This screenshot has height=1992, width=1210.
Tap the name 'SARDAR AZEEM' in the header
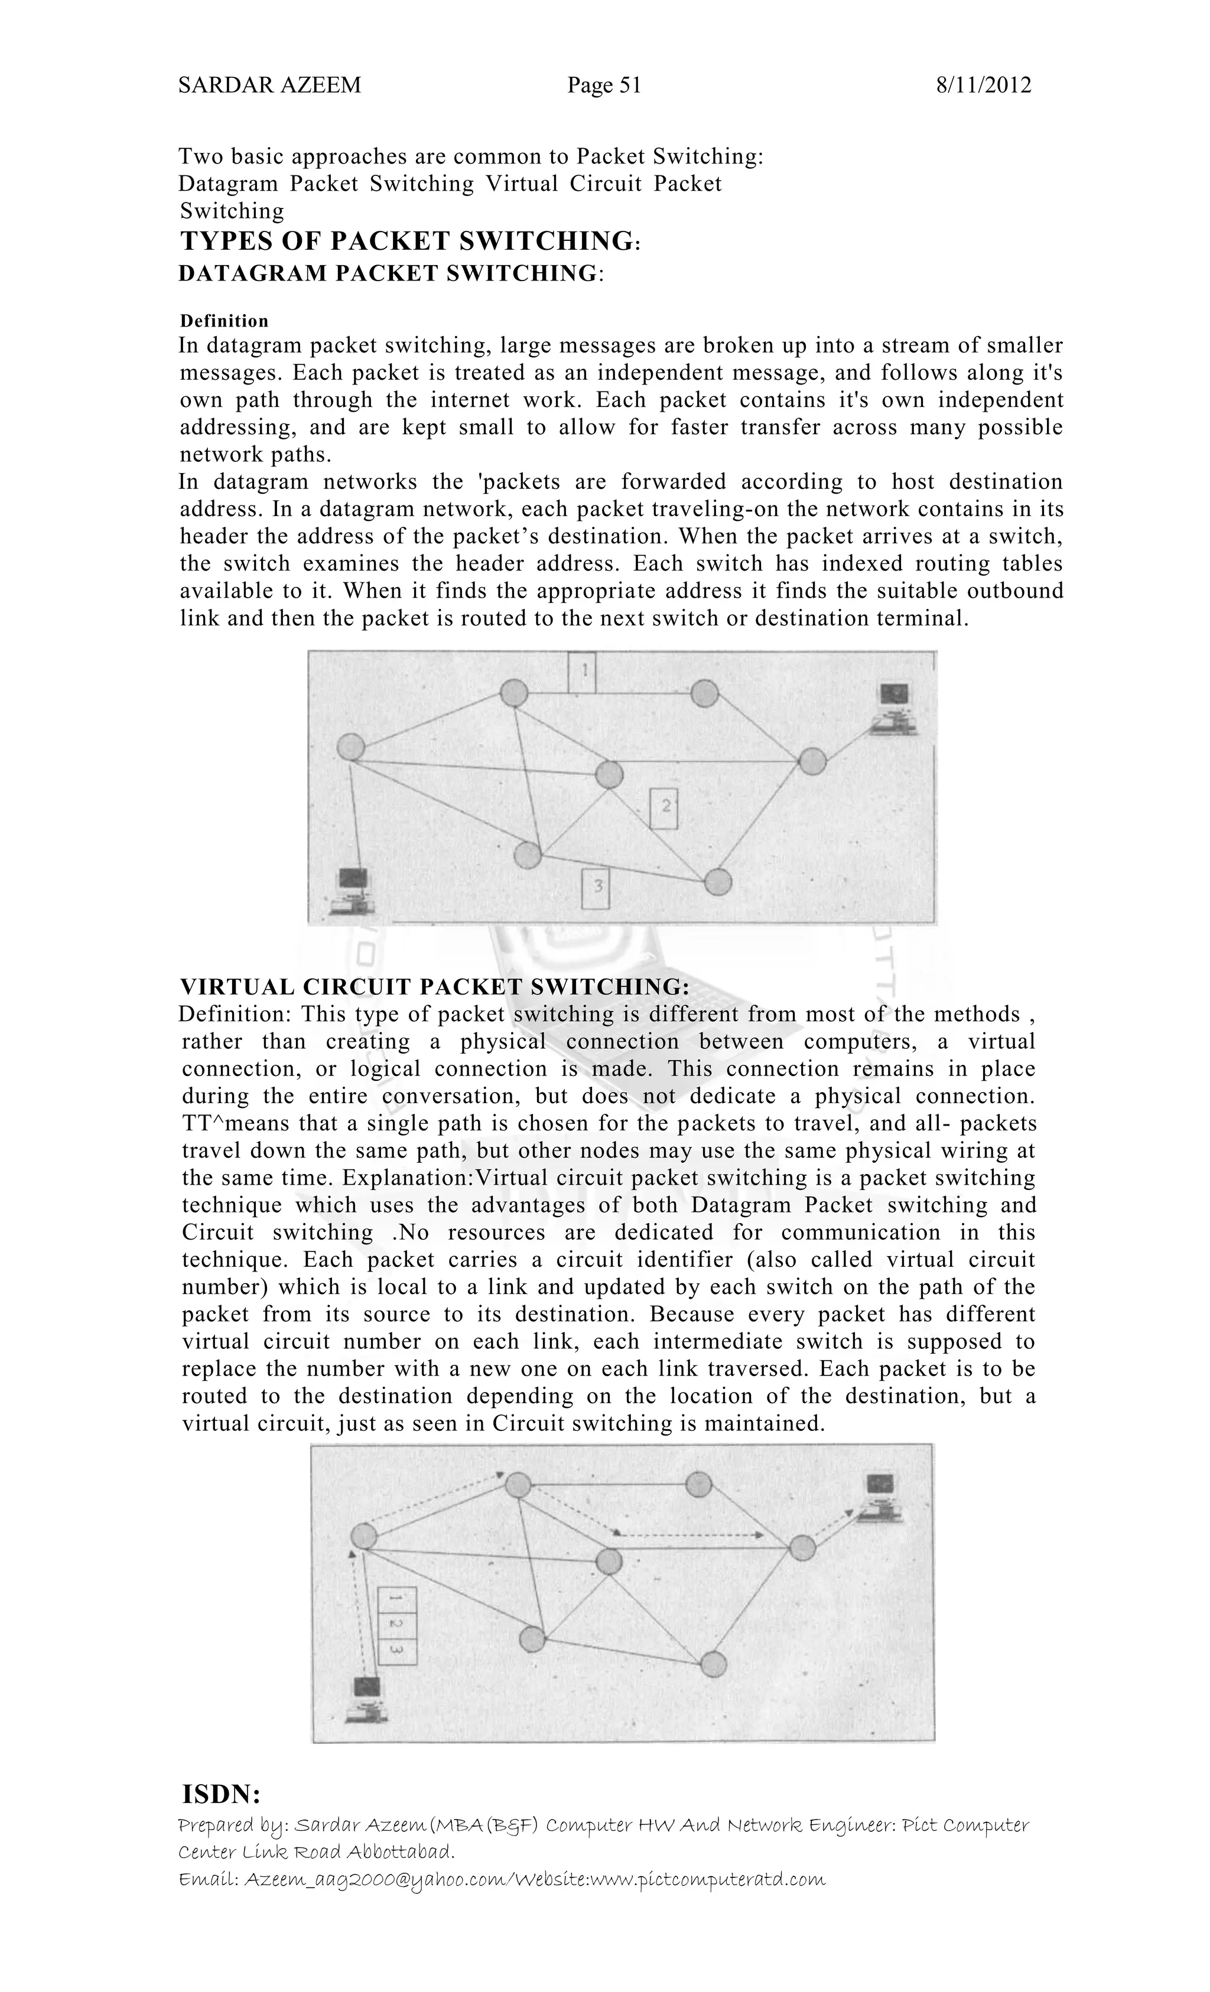[269, 85]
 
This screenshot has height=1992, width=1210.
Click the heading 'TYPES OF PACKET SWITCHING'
[407, 241]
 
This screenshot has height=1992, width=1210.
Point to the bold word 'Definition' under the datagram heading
[224, 321]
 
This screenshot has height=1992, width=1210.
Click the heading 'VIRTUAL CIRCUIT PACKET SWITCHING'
[434, 986]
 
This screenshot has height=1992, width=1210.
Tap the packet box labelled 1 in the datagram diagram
[581, 673]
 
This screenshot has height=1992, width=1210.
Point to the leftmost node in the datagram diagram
[351, 746]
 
